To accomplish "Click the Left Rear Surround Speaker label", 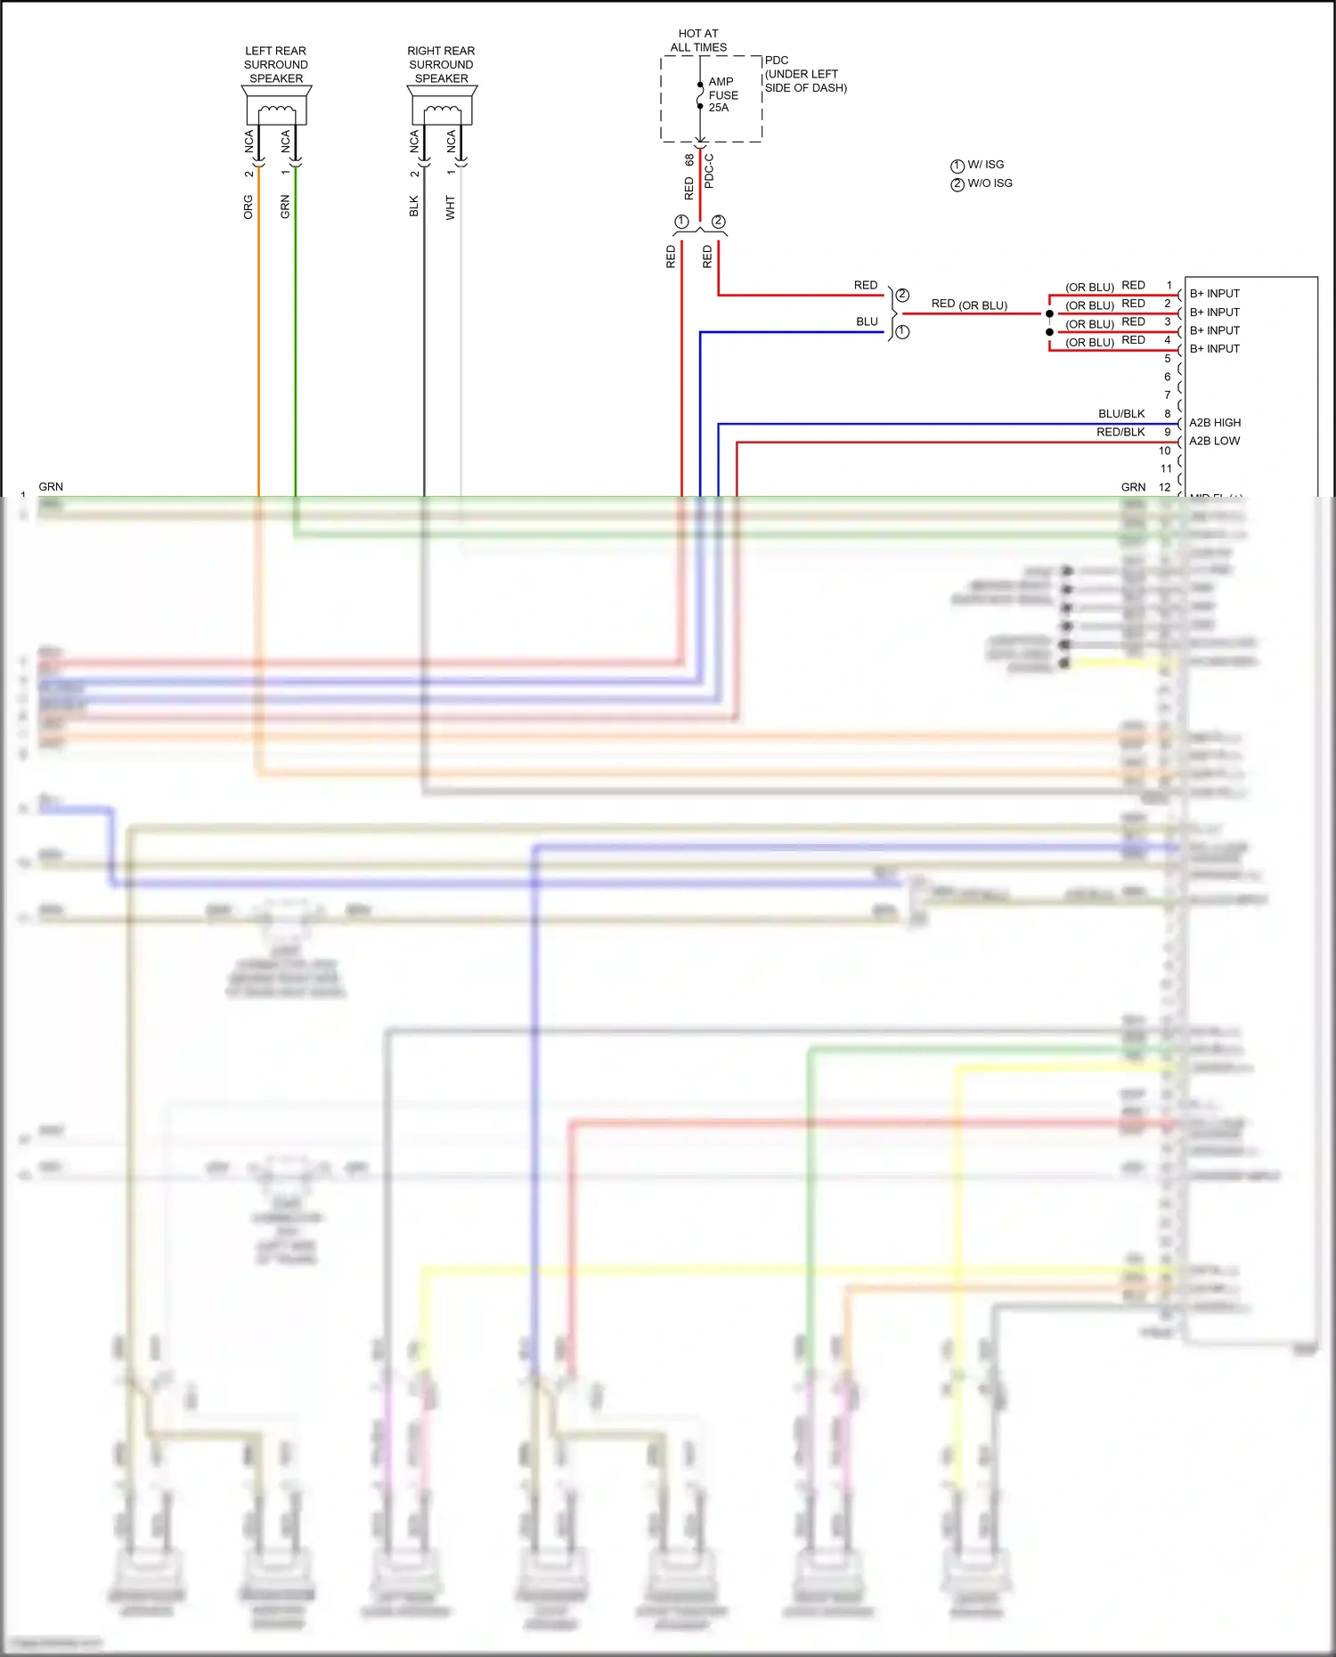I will [x=276, y=65].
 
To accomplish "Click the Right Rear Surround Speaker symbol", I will [x=442, y=107].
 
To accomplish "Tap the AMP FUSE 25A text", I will [x=722, y=94].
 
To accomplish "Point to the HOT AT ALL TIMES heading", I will [x=698, y=40].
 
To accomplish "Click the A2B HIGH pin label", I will [x=1214, y=423].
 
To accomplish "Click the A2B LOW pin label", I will [x=1214, y=441].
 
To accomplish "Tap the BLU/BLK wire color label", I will [x=1121, y=414].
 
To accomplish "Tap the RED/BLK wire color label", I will [x=1120, y=432].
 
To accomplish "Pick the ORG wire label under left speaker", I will [x=248, y=207].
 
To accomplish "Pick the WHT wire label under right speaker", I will [x=451, y=207].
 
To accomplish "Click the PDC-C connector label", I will [x=709, y=170].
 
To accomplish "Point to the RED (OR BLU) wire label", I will [x=969, y=305].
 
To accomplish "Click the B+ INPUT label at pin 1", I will [x=1214, y=294].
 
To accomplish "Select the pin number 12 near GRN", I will [x=1164, y=487].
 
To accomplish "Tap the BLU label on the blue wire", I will [x=867, y=321].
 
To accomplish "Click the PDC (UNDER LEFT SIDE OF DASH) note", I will [x=804, y=75].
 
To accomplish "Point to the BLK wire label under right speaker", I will [x=414, y=207].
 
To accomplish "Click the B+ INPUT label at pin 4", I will [x=1214, y=349].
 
